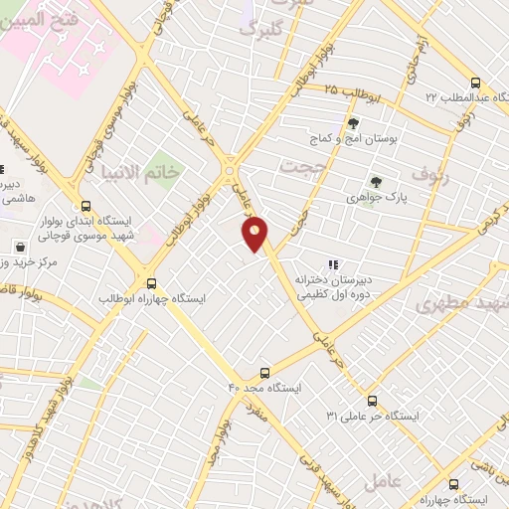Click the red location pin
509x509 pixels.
tap(255, 234)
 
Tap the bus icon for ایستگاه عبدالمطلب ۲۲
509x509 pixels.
tap(475, 84)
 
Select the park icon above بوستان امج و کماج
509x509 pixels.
tap(353, 124)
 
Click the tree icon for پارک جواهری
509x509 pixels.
tap(376, 181)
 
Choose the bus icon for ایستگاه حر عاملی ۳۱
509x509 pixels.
tap(372, 401)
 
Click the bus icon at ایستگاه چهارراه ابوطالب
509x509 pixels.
tap(151, 283)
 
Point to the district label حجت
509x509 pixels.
tap(302, 166)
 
